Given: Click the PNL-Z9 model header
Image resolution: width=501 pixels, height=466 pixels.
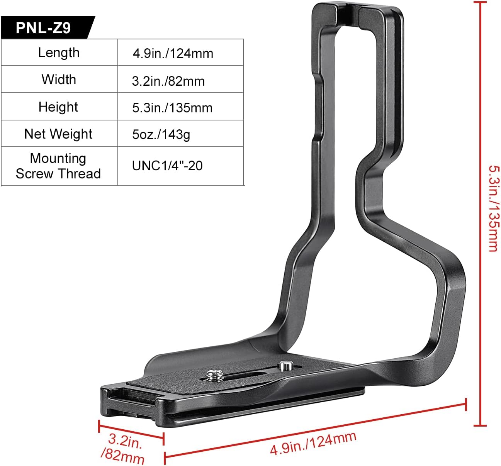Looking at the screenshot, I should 43,28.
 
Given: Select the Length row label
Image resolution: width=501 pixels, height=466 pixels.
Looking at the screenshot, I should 59,53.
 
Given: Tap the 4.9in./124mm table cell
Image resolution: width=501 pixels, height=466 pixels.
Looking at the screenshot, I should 173,53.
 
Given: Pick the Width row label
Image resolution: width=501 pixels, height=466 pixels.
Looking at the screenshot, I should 59,80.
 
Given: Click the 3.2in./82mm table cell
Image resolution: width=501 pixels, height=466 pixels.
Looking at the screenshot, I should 168,81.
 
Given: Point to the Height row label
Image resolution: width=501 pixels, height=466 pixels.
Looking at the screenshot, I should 58,107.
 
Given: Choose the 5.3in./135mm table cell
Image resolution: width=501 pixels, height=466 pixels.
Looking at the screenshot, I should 172,108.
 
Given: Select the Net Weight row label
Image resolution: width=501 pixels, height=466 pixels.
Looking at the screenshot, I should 58,134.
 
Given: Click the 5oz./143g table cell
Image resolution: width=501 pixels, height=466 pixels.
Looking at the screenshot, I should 161,134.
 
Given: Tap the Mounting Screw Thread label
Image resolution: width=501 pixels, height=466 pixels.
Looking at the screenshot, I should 58,166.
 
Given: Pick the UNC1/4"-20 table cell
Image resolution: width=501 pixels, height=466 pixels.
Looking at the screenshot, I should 167,166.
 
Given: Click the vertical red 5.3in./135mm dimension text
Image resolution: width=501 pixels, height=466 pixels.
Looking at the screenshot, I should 493,208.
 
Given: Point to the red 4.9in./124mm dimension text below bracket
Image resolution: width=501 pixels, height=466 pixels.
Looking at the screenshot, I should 313,444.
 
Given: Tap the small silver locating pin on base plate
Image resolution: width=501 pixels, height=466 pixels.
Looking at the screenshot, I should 285,365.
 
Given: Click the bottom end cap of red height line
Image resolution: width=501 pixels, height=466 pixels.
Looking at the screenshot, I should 480,425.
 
